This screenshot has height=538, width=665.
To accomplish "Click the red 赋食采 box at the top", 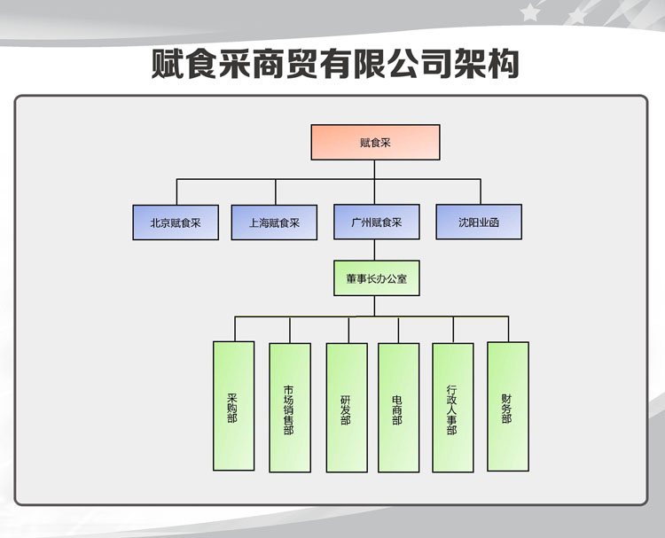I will pos(375,142).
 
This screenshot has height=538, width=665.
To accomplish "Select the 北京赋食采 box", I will pos(176,222).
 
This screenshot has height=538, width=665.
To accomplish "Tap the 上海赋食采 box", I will pos(275,222).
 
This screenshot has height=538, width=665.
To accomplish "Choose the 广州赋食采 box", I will pos(375,222).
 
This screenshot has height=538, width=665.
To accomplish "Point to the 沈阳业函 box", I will pos(479,222).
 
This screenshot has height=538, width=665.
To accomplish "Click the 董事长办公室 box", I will pos(375,278).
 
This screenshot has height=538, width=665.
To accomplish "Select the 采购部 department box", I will pos(233,405).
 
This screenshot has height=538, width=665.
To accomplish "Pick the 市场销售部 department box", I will pos(289,407).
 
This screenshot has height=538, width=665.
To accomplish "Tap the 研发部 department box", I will pos(346,407).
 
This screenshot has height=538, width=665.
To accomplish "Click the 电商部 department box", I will pos(398,407).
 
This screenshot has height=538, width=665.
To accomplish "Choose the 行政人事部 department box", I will pos(452,407).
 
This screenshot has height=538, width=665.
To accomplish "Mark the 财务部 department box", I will pos(507,407).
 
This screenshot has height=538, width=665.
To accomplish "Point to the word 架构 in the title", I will pos(485,64).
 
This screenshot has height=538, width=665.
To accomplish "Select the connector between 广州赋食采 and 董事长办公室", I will pos(375,249).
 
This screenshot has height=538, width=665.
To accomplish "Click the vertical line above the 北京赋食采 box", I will pos(176,191).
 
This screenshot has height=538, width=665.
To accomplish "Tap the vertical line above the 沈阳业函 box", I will pos(481,191).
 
